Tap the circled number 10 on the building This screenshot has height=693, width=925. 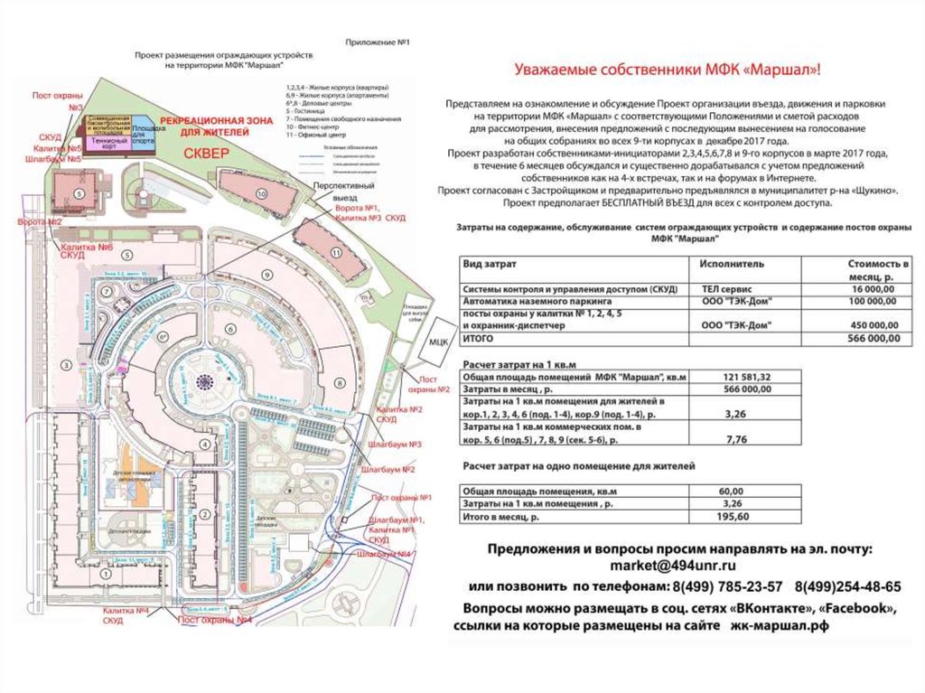[x=261, y=194]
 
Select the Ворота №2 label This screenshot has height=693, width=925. [x=40, y=221]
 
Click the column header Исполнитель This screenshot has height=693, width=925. [x=732, y=264]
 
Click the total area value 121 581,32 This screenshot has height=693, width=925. [x=746, y=377]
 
